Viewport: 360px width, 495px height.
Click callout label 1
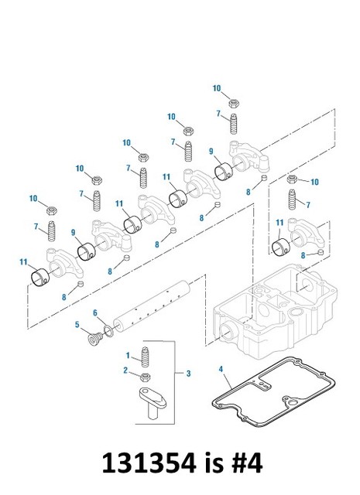[128, 354]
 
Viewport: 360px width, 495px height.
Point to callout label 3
[189, 374]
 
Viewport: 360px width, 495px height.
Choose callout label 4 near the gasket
[221, 370]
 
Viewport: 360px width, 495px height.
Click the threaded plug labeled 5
[93, 339]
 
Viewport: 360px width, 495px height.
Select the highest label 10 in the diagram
[218, 87]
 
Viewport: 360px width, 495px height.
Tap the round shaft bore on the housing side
[228, 333]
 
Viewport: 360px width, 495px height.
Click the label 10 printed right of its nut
[314, 181]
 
